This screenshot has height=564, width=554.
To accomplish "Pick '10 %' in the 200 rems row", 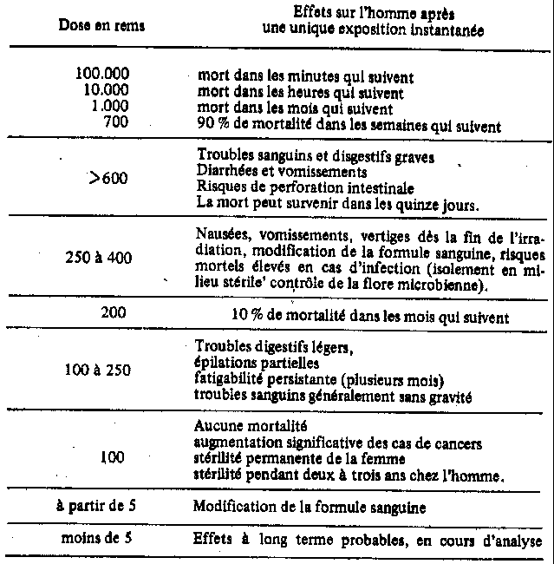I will coord(246,315).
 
